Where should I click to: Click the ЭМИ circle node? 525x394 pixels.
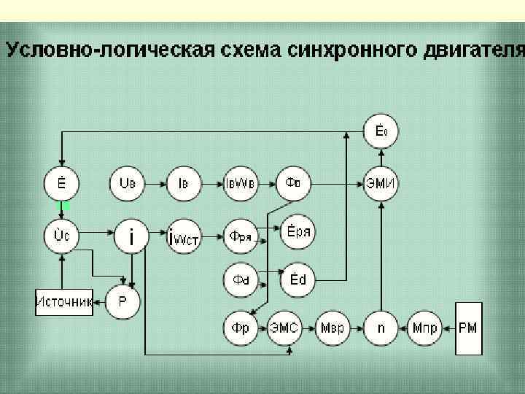tap(382, 182)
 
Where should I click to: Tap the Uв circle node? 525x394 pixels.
tap(128, 182)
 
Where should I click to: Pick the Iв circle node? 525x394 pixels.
tap(184, 182)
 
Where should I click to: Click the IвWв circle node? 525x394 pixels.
tap(240, 182)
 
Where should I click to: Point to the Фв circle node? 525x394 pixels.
tap(293, 182)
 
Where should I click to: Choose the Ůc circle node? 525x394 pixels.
tap(62, 236)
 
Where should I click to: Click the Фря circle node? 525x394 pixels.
tap(241, 235)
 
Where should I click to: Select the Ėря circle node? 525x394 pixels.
tap(297, 231)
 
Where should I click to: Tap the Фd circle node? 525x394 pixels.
tap(241, 279)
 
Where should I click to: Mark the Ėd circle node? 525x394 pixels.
tap(297, 279)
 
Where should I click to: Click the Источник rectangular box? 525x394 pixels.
tap(64, 301)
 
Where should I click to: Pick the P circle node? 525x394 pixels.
tap(123, 301)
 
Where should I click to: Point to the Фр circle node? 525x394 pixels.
tap(241, 328)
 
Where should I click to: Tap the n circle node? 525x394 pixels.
tap(381, 328)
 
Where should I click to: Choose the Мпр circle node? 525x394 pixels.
tap(424, 328)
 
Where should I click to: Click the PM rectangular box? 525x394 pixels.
tap(469, 328)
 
